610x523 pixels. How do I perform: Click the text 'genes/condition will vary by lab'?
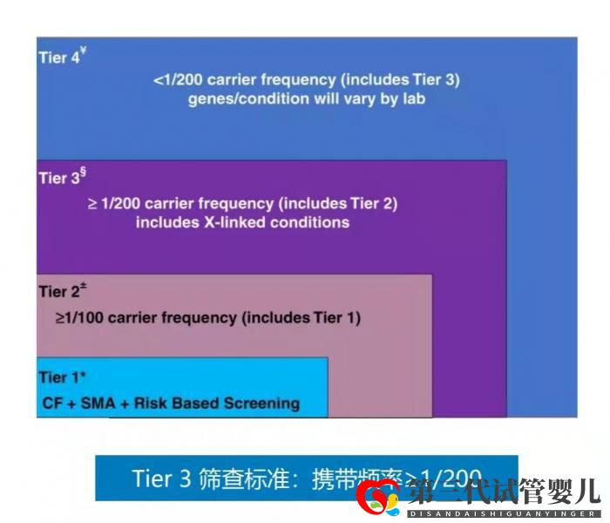click(307, 99)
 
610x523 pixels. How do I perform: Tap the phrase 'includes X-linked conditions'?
click(242, 223)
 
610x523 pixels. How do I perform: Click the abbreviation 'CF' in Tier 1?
click(53, 404)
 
